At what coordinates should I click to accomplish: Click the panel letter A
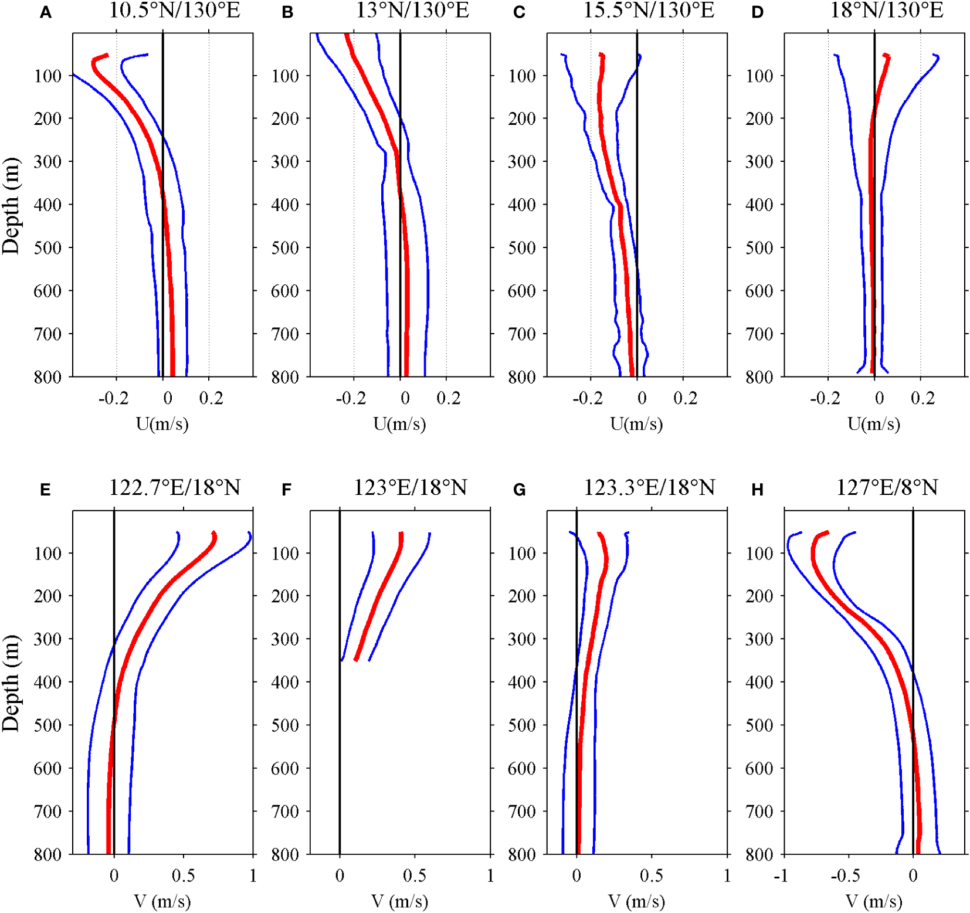click(46, 13)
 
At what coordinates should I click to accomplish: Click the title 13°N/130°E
click(412, 11)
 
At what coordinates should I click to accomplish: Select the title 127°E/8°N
click(886, 487)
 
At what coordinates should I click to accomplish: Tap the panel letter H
click(757, 490)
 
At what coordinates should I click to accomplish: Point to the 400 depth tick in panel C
click(521, 205)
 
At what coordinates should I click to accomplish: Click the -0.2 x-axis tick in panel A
click(113, 399)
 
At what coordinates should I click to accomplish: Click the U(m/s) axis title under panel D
click(873, 423)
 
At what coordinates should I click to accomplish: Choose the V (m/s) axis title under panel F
click(399, 901)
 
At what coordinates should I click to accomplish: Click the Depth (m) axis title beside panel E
click(11, 683)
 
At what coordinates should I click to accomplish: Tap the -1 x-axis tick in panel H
click(781, 876)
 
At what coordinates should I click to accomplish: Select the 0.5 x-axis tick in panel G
click(651, 876)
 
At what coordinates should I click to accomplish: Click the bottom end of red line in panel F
click(356, 660)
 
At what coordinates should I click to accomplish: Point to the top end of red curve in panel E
click(214, 533)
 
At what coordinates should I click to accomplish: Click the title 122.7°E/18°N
click(175, 487)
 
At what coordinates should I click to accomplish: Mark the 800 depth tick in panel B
click(284, 377)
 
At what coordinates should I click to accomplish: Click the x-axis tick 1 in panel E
click(253, 876)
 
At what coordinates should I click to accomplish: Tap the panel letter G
click(519, 490)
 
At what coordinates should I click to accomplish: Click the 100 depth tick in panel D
click(759, 76)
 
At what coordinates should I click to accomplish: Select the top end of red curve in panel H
click(827, 532)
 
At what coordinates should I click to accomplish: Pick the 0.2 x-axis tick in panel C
click(685, 399)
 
